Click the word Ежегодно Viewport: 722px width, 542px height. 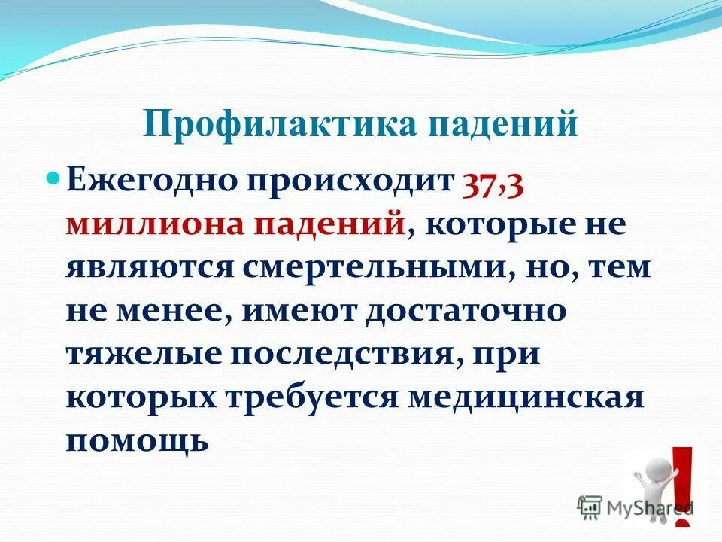pos(148,181)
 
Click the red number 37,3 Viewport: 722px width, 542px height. pos(493,181)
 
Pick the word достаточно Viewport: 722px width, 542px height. pos(464,310)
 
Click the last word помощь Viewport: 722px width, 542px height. pos(136,439)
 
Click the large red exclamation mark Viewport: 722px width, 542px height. pos(681,478)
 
